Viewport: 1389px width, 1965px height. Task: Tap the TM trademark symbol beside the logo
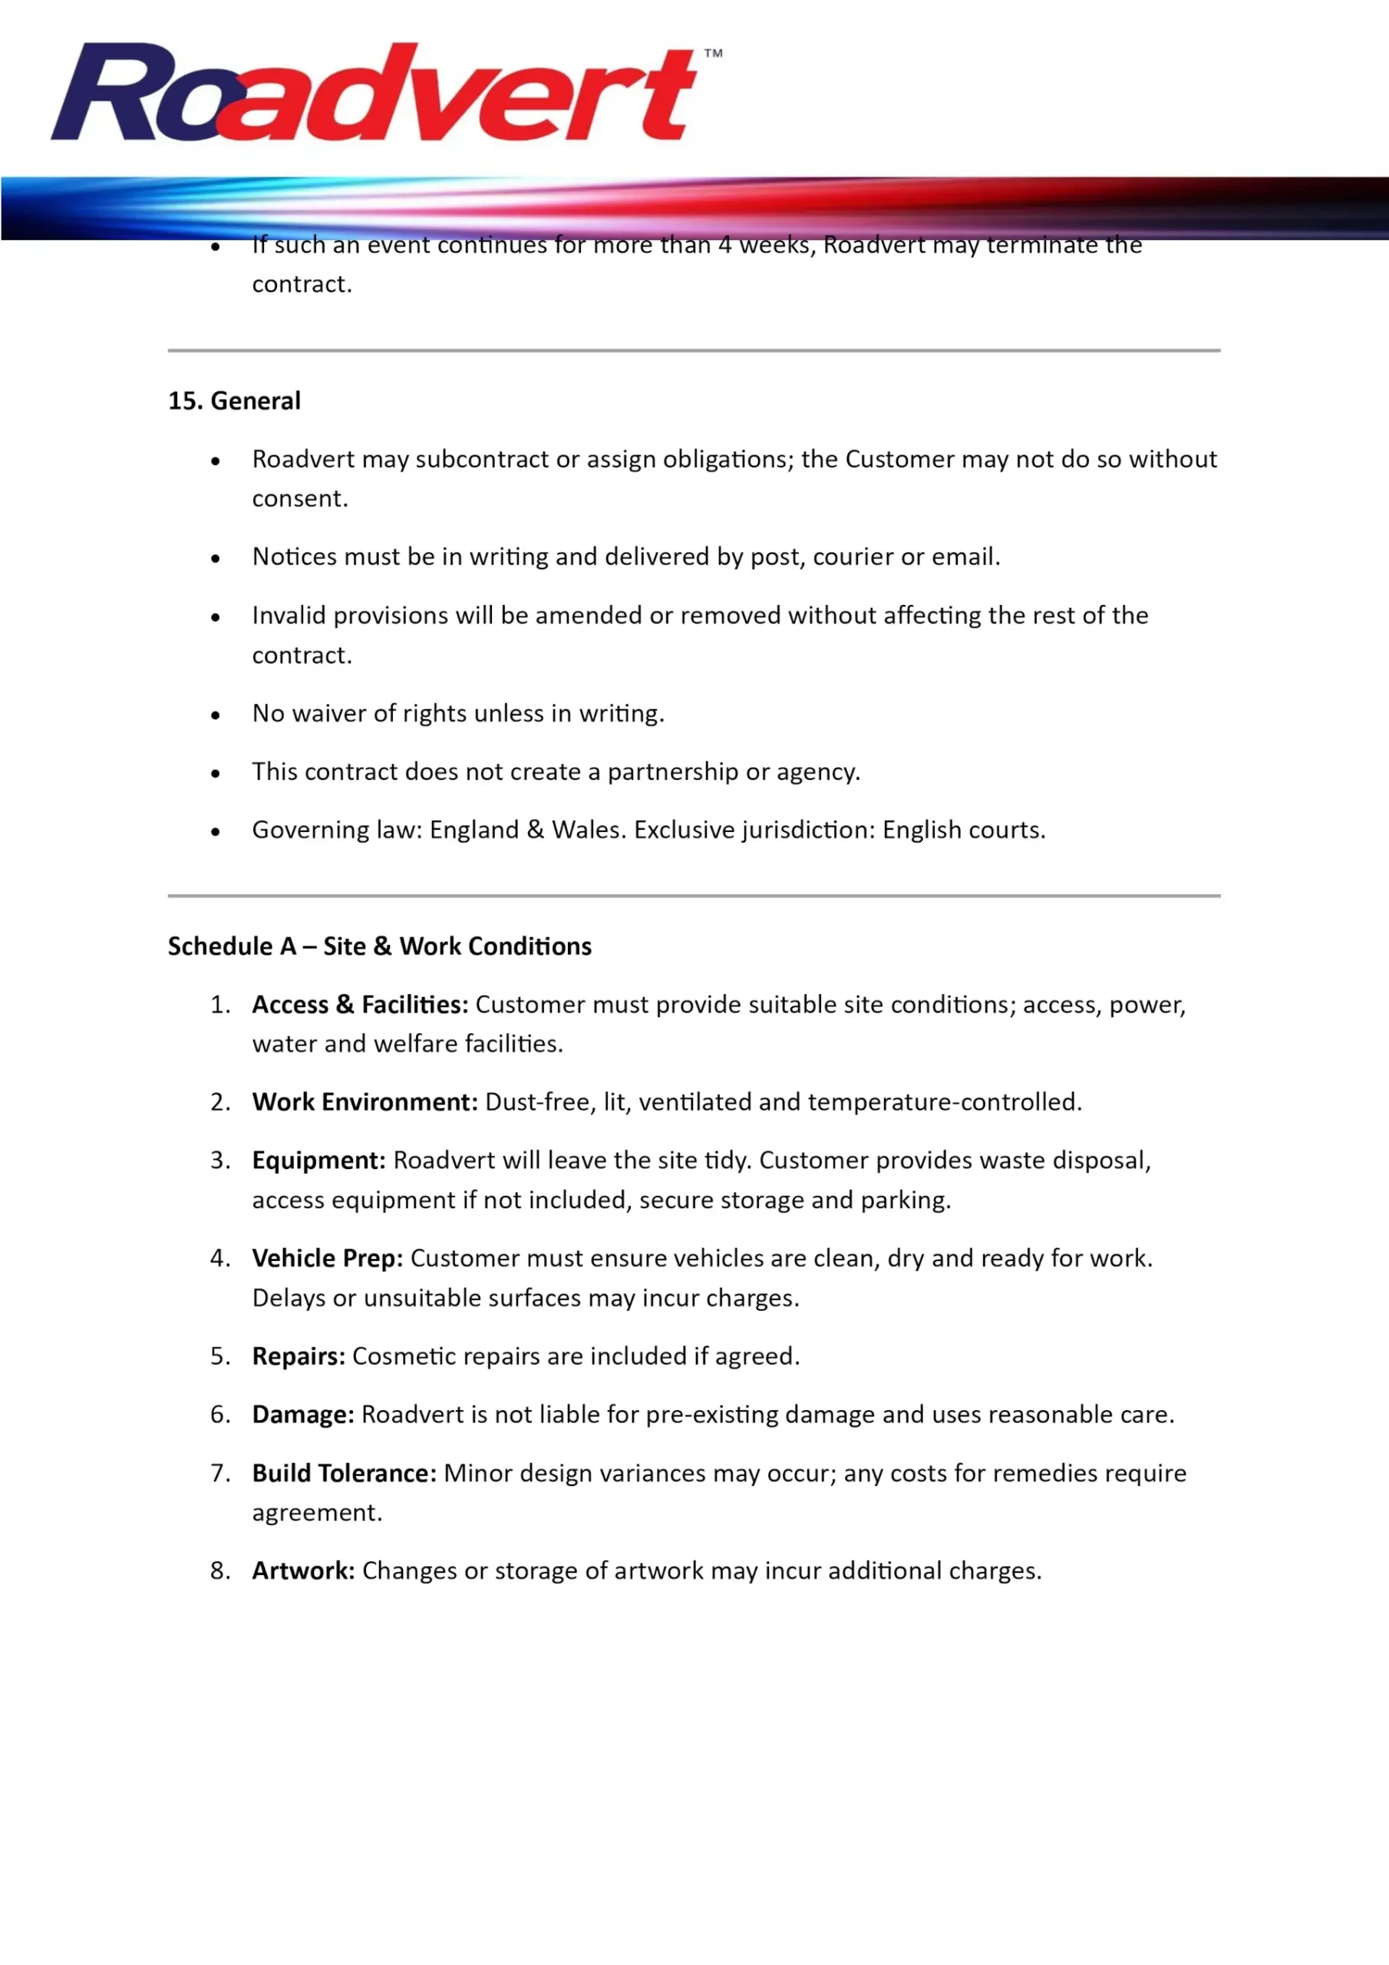click(713, 53)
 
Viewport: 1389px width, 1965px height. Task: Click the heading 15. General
click(233, 401)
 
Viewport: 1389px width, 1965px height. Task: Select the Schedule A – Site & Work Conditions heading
click(379, 946)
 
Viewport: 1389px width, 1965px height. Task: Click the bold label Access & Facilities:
click(359, 1004)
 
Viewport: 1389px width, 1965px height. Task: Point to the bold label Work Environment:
click(365, 1101)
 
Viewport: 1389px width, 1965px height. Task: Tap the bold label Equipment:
click(318, 1160)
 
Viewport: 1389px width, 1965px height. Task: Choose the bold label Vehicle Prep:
click(327, 1257)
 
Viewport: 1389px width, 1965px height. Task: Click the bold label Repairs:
click(298, 1356)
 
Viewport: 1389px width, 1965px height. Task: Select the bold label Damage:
click(303, 1414)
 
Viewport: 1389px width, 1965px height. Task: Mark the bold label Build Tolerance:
click(344, 1473)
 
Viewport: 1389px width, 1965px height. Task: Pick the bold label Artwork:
click(303, 1570)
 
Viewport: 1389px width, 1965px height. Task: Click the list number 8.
click(220, 1570)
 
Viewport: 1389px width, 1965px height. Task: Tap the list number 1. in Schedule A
click(220, 1004)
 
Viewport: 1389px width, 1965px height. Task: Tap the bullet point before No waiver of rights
click(216, 715)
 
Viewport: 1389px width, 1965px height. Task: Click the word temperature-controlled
click(945, 1101)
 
